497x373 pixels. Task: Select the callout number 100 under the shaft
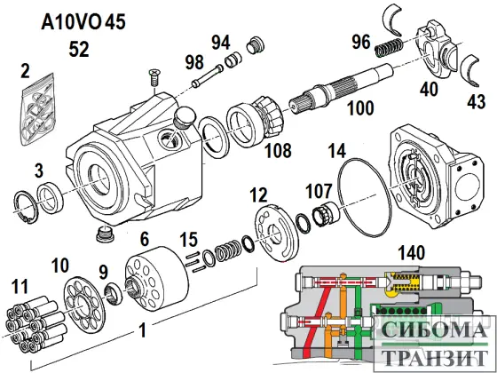[360, 109]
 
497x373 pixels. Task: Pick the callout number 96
[360, 42]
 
